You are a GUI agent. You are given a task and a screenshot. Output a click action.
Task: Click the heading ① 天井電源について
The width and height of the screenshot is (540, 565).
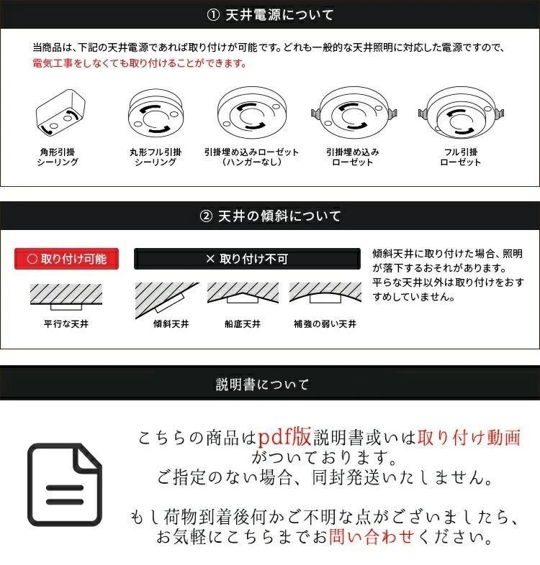pyautogui.click(x=270, y=14)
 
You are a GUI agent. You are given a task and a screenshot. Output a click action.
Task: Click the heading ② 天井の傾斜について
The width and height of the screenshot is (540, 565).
pyautogui.click(x=270, y=216)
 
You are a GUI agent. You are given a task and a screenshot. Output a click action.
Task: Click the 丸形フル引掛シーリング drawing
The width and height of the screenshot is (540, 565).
pyautogui.click(x=156, y=114)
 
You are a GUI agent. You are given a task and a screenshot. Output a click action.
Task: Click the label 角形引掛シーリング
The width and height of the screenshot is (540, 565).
pyautogui.click(x=58, y=157)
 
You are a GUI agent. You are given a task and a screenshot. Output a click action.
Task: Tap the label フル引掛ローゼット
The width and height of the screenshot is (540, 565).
pyautogui.click(x=460, y=157)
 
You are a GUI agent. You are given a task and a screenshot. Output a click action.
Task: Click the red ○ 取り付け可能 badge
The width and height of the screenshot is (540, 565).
pyautogui.click(x=66, y=258)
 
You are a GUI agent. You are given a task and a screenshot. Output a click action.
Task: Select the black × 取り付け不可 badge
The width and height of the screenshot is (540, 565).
pyautogui.click(x=247, y=259)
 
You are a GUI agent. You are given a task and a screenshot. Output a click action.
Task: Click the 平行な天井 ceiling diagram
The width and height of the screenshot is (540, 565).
pyautogui.click(x=66, y=295)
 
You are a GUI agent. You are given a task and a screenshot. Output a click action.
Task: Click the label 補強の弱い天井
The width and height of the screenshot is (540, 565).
pyautogui.click(x=325, y=324)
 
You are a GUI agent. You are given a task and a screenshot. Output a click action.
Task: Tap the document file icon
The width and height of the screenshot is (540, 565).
pyautogui.click(x=65, y=484)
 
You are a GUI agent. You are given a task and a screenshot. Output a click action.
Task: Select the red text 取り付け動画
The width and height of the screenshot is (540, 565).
pyautogui.click(x=468, y=436)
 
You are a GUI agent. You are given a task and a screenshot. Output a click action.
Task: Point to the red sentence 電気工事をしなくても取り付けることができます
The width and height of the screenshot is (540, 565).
pyautogui.click(x=140, y=63)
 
